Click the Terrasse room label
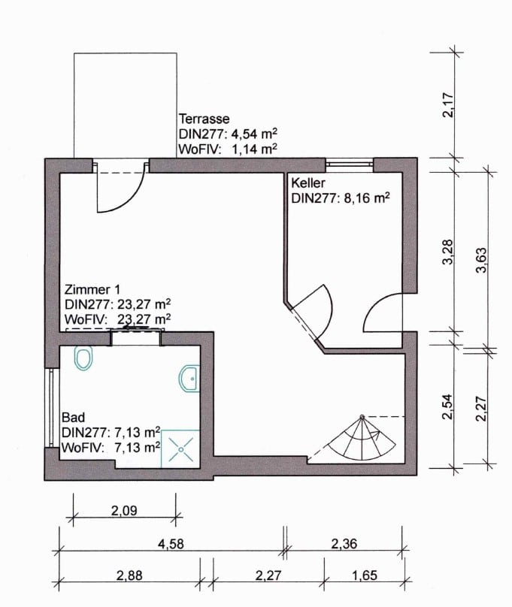tap(204, 119)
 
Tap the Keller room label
tap(308, 183)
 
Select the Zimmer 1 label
tap(92, 289)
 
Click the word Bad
tap(73, 418)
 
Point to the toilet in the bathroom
tap(83, 358)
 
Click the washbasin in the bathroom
tap(189, 378)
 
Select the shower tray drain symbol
tap(181, 449)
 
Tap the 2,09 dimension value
tap(124, 511)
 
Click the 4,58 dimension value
tap(171, 544)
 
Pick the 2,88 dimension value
tap(129, 575)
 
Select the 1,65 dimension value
tap(365, 575)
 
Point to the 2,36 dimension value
tap(344, 544)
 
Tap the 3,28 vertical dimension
tap(447, 252)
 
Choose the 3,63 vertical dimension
tap(481, 260)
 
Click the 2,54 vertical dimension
tap(447, 407)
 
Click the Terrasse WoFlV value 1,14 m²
tap(254, 149)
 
